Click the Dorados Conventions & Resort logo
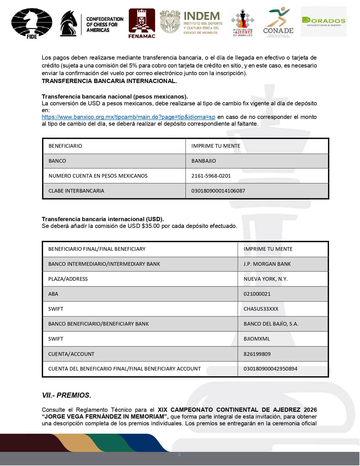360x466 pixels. (324, 21)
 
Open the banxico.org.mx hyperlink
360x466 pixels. (128, 117)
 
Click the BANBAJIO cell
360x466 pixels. (204, 161)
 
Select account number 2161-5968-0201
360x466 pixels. (211, 176)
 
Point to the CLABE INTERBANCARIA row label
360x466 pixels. (76, 191)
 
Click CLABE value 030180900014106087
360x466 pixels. (218, 191)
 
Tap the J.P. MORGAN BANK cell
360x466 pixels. (267, 264)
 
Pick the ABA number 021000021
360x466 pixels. (257, 294)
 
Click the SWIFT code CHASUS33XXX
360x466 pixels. (261, 309)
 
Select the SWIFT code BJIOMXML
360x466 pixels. (257, 339)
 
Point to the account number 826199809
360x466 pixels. (257, 354)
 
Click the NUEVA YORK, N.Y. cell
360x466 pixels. (265, 279)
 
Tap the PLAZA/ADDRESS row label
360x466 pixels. (68, 279)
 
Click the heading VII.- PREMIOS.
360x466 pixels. (66, 395)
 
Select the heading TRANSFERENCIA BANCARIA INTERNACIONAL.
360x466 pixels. (109, 81)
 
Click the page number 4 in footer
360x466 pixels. (179, 454)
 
